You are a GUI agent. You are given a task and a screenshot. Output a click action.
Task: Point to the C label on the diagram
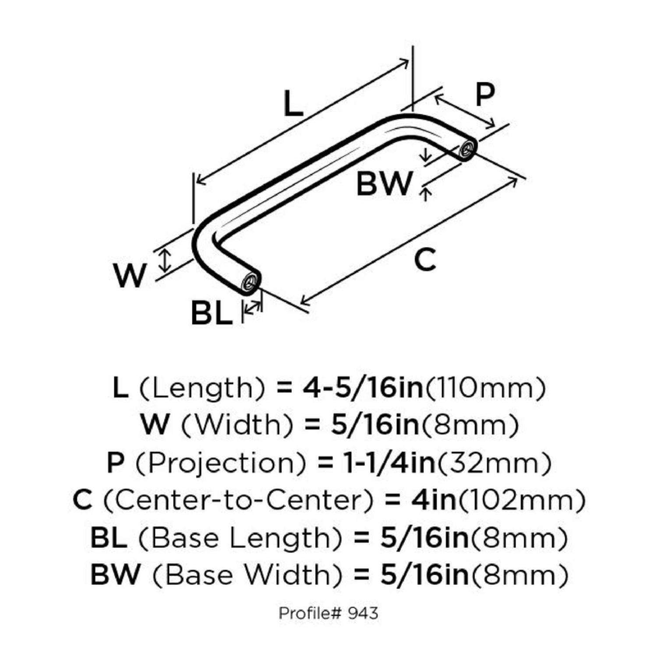pos(425,260)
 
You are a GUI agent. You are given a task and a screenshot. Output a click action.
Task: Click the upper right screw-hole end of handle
pos(467,149)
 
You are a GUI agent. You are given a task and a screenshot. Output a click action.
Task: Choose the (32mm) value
pos(495,463)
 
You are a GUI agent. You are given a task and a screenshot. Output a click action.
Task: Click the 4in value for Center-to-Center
pos(434,500)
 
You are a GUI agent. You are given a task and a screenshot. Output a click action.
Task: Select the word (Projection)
pos(221,463)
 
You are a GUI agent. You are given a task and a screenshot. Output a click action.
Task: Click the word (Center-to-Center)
pos(238,500)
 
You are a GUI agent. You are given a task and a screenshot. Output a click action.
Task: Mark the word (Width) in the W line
pos(237,425)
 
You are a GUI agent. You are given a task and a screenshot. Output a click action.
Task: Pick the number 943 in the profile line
pos(363,613)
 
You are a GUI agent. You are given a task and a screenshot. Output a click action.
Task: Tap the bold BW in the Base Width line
pos(116,575)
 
